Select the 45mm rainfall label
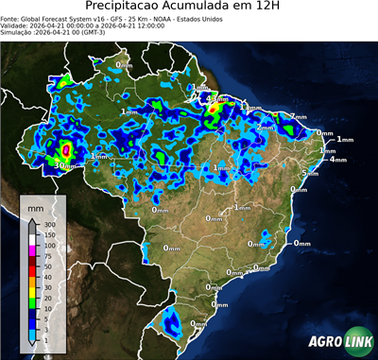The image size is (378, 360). (x=216, y=98)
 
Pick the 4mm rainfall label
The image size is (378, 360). (x=337, y=159)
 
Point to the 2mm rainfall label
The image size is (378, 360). (x=266, y=127)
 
